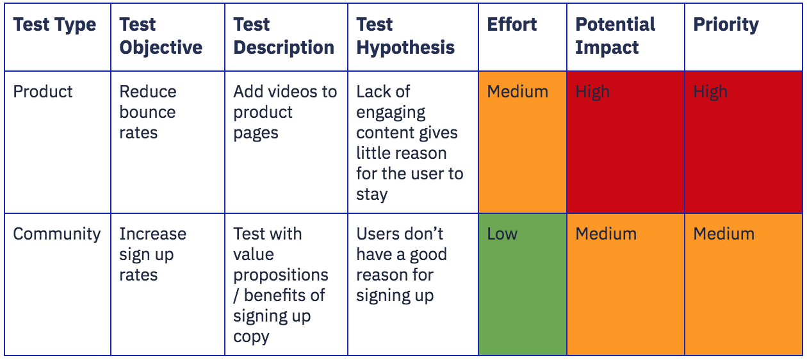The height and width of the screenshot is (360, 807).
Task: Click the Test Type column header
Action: pyautogui.click(x=55, y=25)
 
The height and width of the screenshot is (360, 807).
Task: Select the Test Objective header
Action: pyautogui.click(x=161, y=36)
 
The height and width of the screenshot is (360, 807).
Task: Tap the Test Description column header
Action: pyautogui.click(x=284, y=36)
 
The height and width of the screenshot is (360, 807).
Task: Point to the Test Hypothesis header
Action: pyautogui.click(x=405, y=36)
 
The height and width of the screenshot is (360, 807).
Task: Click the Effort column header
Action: pyautogui.click(x=512, y=24)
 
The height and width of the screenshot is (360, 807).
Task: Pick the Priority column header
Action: pyautogui.click(x=726, y=25)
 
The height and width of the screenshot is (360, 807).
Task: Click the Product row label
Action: pyautogui.click(x=43, y=92)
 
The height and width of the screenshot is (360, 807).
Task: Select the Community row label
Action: pyautogui.click(x=57, y=234)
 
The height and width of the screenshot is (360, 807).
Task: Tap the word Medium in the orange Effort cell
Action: pyautogui.click(x=518, y=92)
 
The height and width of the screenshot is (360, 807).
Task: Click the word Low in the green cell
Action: pyautogui.click(x=502, y=234)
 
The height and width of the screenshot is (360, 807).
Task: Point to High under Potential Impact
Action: pyautogui.click(x=592, y=92)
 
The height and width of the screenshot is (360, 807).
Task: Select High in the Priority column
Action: pyautogui.click(x=710, y=92)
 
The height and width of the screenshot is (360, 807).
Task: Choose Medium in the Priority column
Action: pyautogui.click(x=724, y=234)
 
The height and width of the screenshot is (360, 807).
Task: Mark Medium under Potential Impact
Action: pyautogui.click(x=606, y=234)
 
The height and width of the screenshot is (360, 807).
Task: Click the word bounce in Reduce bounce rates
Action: pyautogui.click(x=148, y=112)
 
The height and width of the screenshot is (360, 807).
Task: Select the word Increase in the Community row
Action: pyautogui.click(x=152, y=234)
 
